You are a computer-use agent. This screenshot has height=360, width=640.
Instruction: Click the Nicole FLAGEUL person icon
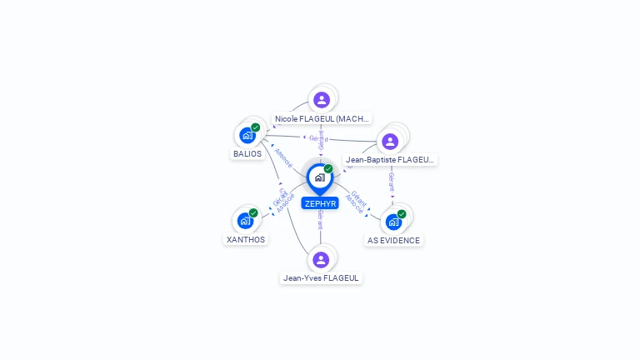(x=322, y=100)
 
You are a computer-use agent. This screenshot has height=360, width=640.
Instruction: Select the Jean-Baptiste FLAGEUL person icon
(x=390, y=141)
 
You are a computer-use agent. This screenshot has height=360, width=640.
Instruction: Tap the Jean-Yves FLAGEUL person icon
(x=321, y=259)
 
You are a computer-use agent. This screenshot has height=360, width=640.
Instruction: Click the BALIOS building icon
(x=247, y=135)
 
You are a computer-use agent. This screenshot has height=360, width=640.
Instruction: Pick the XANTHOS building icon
(x=245, y=221)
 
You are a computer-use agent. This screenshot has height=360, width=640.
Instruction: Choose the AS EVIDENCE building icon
(x=393, y=222)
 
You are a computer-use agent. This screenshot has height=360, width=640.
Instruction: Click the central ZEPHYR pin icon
(x=320, y=177)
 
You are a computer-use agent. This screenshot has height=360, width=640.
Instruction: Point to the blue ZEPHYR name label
(x=320, y=203)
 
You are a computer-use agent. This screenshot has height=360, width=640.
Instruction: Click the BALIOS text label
(x=247, y=154)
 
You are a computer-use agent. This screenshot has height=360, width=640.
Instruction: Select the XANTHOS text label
(x=246, y=240)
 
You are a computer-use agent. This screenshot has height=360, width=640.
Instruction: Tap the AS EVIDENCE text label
(x=394, y=241)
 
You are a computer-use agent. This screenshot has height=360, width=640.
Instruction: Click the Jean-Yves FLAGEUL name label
(x=322, y=278)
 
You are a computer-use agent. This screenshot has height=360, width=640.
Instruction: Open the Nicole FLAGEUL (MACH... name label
(x=322, y=119)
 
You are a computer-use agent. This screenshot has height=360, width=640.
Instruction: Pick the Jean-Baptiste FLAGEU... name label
(x=390, y=159)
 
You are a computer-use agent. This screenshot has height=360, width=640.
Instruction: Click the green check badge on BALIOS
(x=256, y=127)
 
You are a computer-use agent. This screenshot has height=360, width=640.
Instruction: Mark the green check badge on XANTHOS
(x=253, y=212)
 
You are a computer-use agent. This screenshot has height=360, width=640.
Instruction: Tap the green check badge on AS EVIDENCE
(x=402, y=214)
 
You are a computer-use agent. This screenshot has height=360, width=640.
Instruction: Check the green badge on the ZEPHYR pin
(x=328, y=169)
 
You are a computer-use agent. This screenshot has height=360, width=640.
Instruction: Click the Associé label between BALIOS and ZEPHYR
(x=283, y=158)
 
